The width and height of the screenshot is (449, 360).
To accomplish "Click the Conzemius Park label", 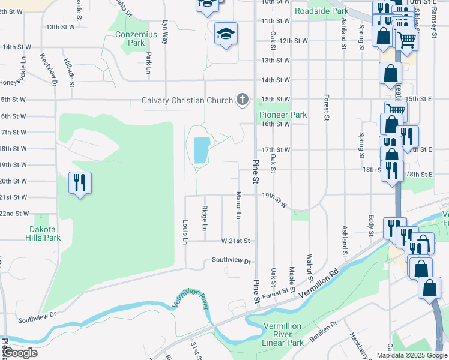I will pyautogui.click(x=136, y=39).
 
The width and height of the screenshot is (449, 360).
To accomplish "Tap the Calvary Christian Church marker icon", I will pyautogui.click(x=243, y=100).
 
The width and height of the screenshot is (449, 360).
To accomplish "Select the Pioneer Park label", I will pyautogui.click(x=283, y=115).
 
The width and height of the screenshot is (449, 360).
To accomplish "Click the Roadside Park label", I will pyautogui.click(x=322, y=11).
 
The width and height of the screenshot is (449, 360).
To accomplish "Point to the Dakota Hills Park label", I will pyautogui.click(x=44, y=233).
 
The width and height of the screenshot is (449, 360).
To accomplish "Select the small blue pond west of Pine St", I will pyautogui.click(x=201, y=150).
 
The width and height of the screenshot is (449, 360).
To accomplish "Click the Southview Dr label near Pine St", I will pyautogui.click(x=231, y=261).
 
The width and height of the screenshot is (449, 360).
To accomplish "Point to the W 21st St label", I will pyautogui.click(x=235, y=241).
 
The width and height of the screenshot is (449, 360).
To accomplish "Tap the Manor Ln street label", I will pyautogui.click(x=238, y=205).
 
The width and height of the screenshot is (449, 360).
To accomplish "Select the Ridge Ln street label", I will pyautogui.click(x=204, y=219).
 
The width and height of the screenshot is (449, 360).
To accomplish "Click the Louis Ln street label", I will pyautogui.click(x=185, y=232).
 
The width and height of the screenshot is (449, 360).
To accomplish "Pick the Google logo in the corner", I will pyautogui.click(x=20, y=353).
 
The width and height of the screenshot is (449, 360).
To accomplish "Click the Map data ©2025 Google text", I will pyautogui.click(x=412, y=355).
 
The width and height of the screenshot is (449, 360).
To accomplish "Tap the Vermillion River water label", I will pyautogui.click(x=191, y=296).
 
